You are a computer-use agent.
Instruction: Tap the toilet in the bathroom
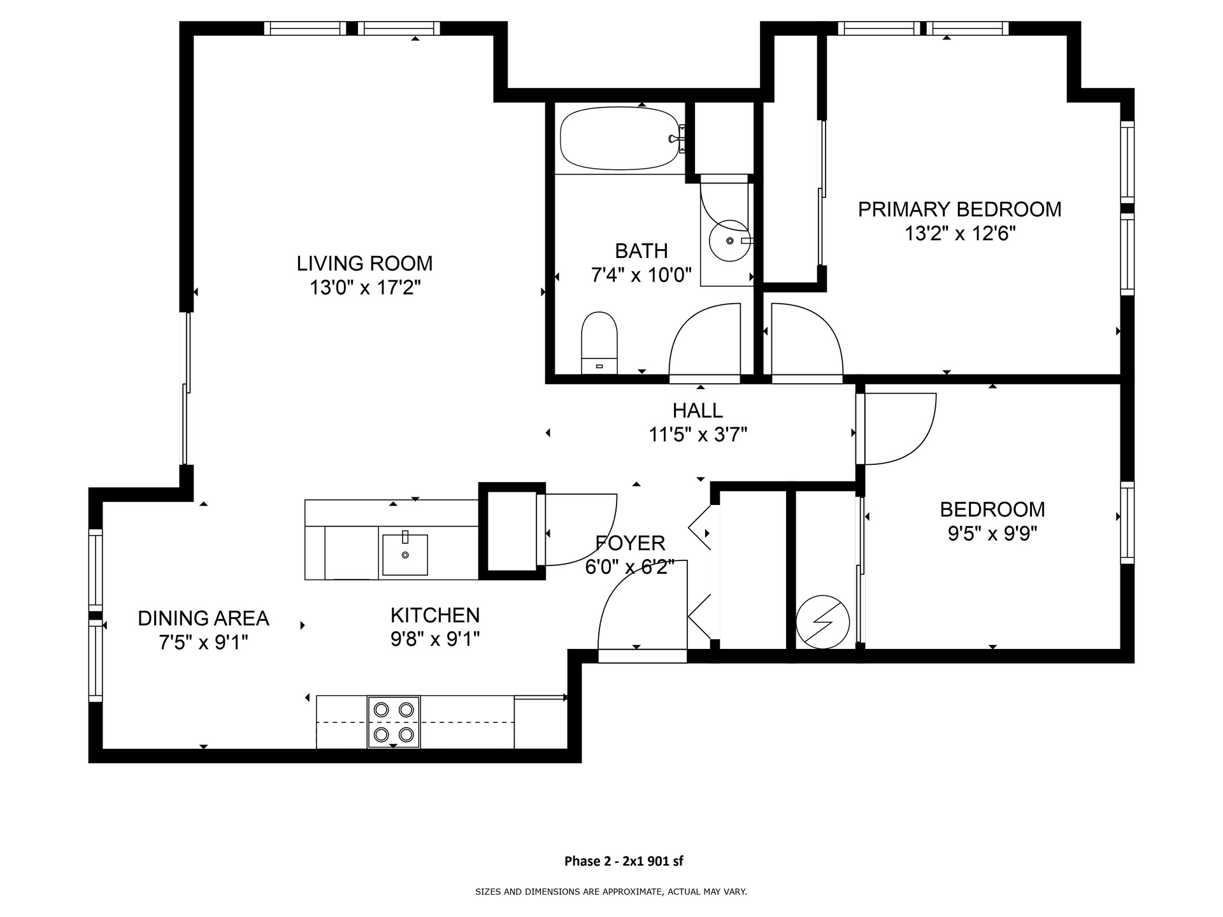(x=599, y=343)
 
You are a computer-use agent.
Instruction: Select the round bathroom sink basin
(x=730, y=241)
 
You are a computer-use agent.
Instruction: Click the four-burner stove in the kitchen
(x=394, y=722)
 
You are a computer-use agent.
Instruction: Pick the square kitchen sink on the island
(x=404, y=555)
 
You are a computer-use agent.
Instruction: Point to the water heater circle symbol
(x=822, y=622)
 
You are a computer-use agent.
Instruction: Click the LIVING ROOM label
(x=364, y=263)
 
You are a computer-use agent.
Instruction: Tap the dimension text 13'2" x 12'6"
(x=959, y=234)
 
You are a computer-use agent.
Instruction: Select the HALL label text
(x=697, y=410)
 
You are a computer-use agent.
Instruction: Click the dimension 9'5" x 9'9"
(x=992, y=533)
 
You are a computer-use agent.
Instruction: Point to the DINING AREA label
(x=203, y=618)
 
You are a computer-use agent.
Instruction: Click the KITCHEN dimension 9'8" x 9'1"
(x=435, y=639)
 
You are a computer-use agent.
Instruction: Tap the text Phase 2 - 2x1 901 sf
(x=624, y=861)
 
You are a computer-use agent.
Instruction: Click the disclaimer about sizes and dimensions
(x=611, y=892)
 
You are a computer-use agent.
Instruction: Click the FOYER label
(x=630, y=543)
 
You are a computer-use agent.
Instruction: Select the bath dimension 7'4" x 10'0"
(x=641, y=275)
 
